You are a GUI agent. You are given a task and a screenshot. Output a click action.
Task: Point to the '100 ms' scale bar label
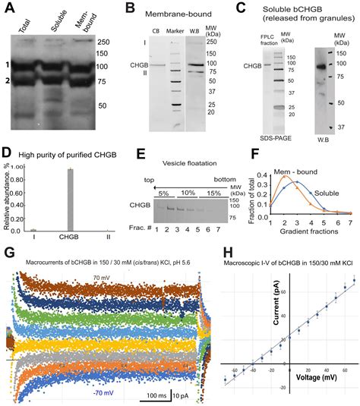pyautogui.click(x=151, y=395)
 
